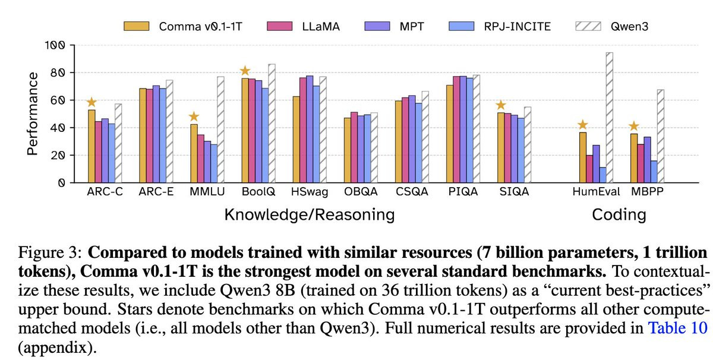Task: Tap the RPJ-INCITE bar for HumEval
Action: pyautogui.click(x=602, y=175)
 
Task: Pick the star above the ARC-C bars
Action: pyautogui.click(x=91, y=102)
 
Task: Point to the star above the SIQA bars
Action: pyautogui.click(x=500, y=105)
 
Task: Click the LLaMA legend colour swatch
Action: pyautogui.click(x=278, y=26)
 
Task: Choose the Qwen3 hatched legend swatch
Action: pyautogui.click(x=589, y=26)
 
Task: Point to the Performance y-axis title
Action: pyautogui.click(x=33, y=113)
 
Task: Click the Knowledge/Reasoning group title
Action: pyautogui.click(x=309, y=214)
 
